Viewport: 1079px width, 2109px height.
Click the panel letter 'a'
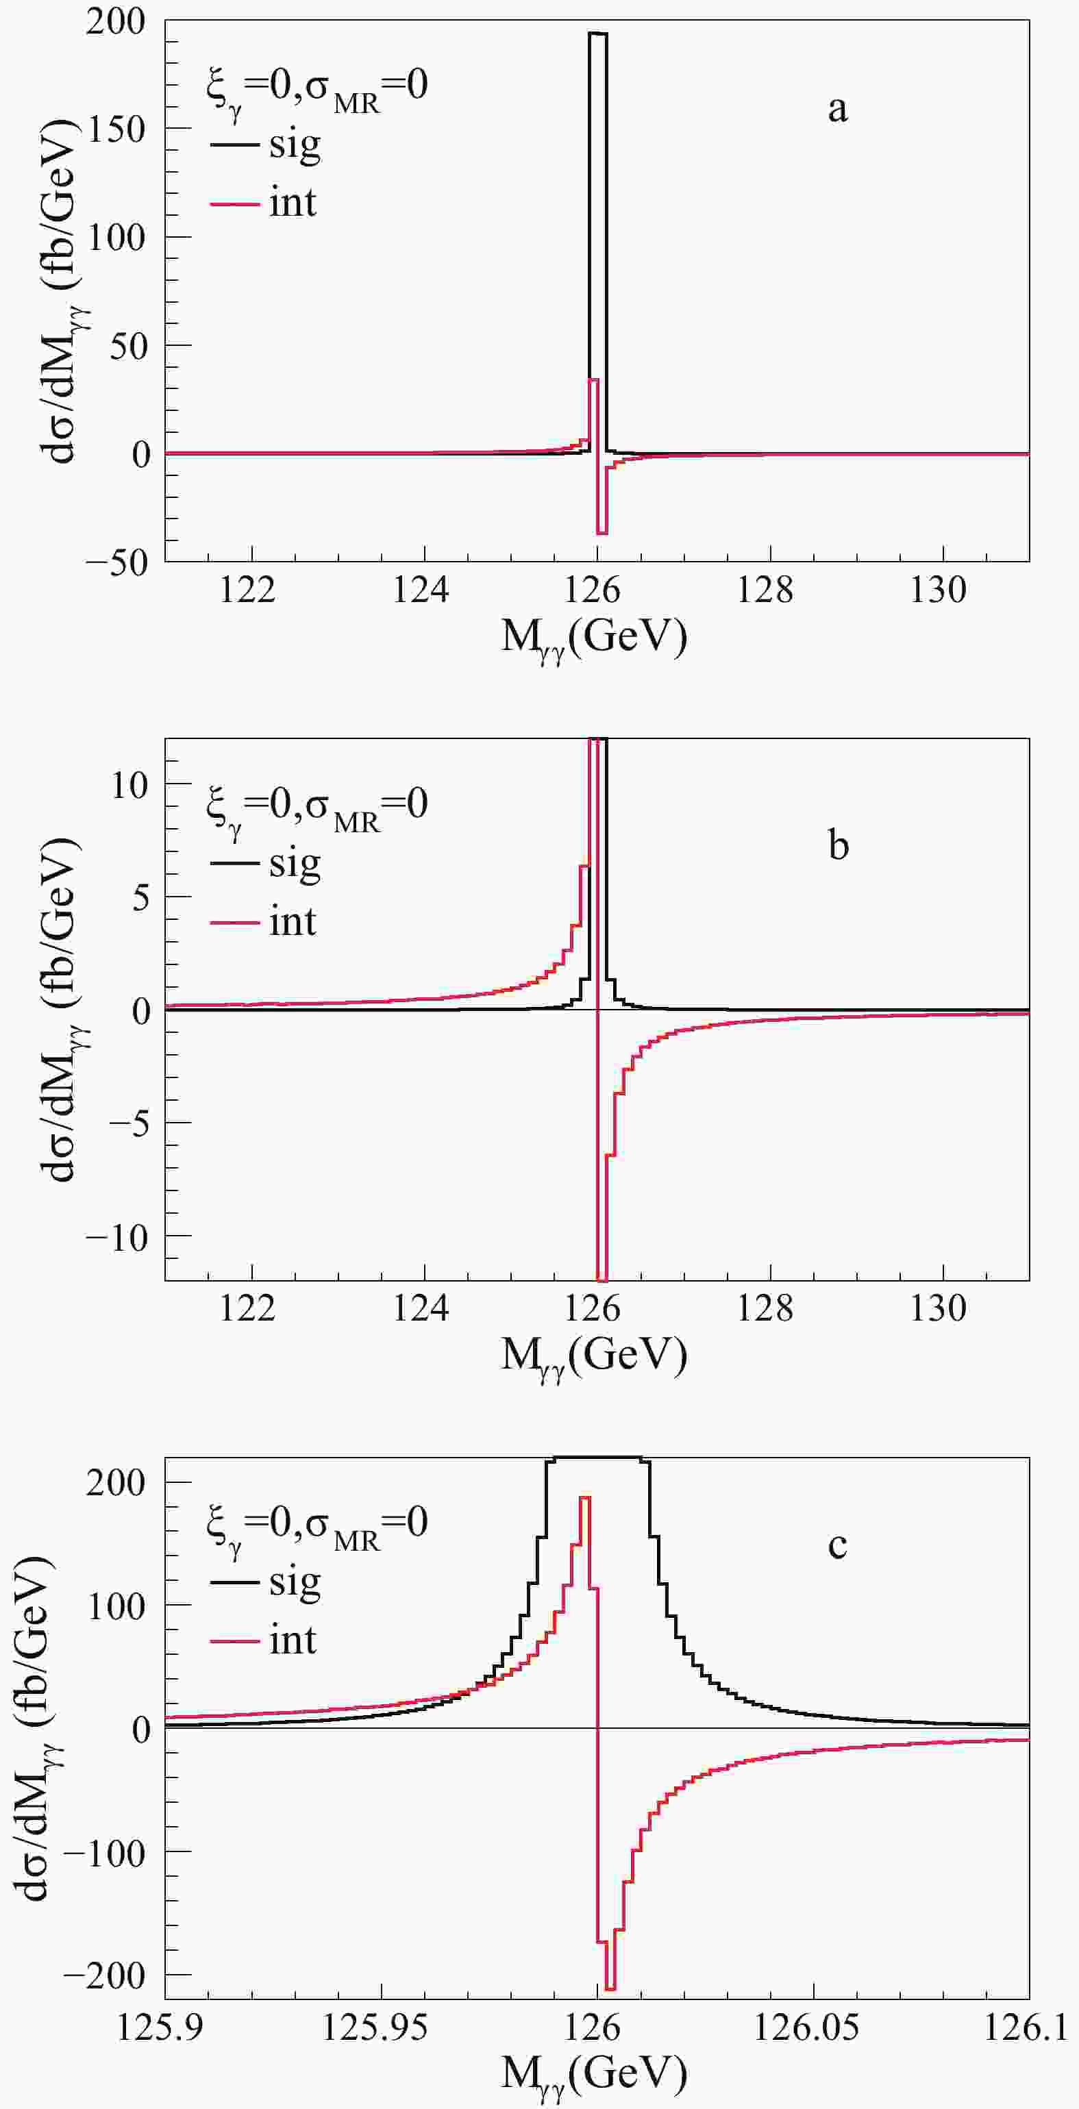(837, 109)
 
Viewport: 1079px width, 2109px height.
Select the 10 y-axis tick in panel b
(132, 784)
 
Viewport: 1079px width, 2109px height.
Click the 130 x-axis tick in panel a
(942, 590)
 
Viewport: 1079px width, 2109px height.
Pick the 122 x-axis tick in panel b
(252, 1308)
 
